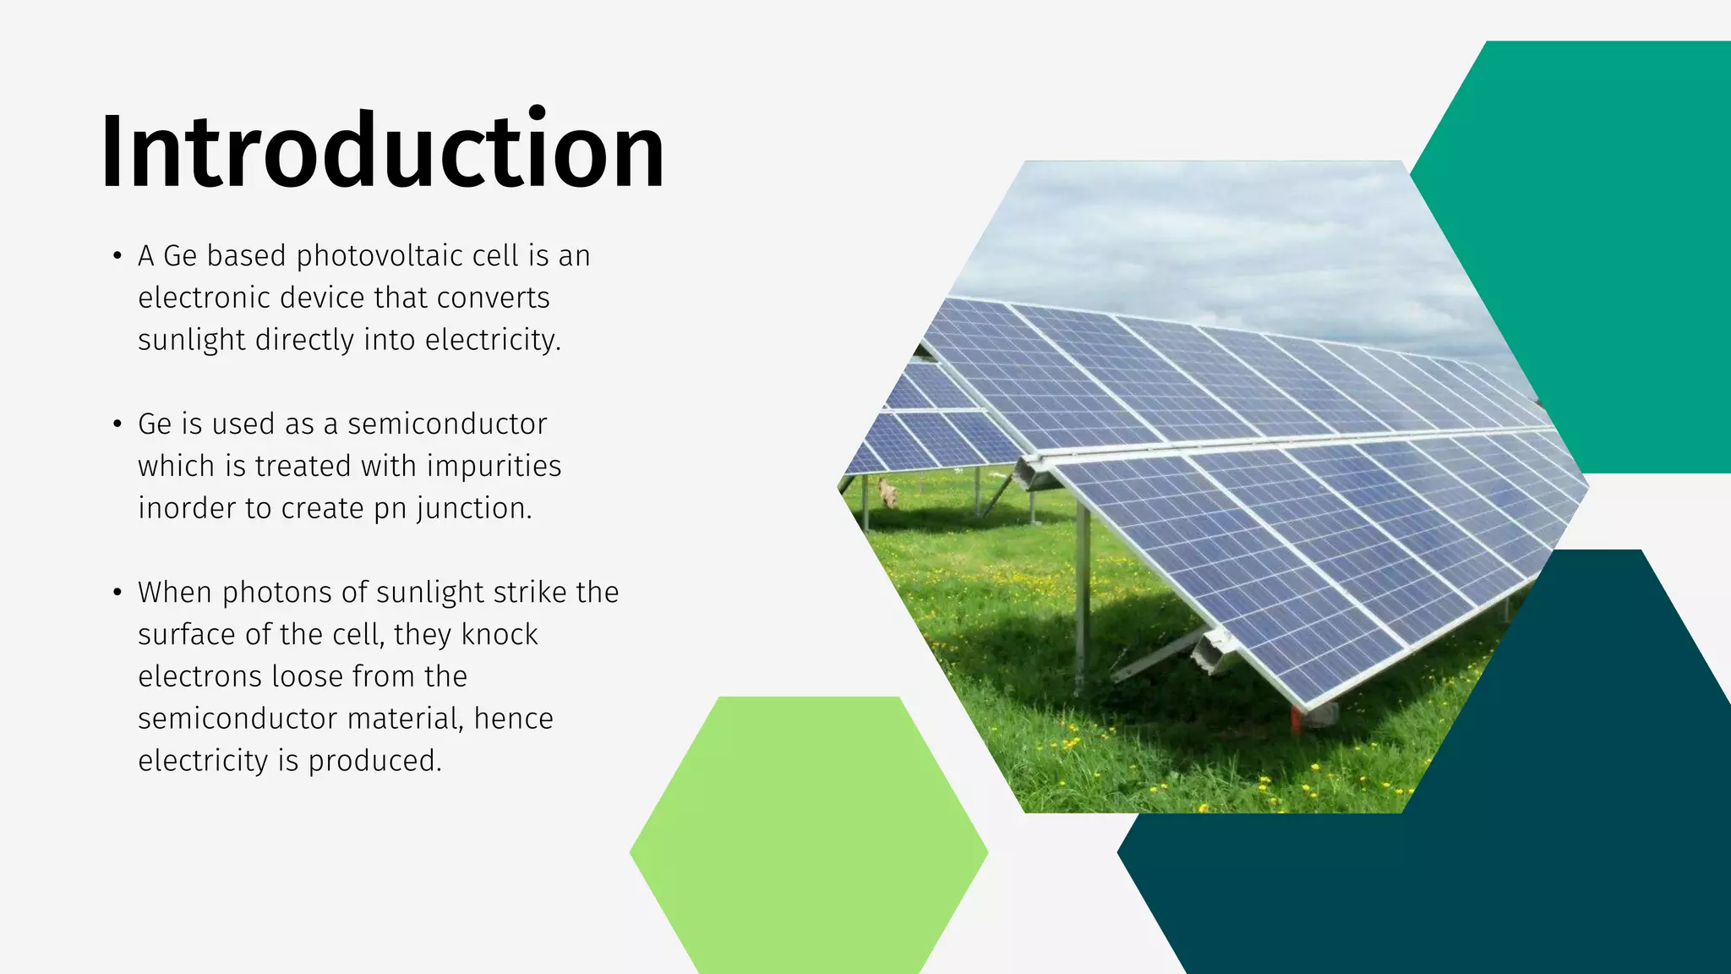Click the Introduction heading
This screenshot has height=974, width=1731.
[x=382, y=150]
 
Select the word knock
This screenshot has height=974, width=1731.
[x=500, y=634]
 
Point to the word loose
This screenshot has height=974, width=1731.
[x=307, y=676]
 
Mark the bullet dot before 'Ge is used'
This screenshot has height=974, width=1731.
[x=117, y=424]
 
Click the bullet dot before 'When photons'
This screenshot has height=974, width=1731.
[x=117, y=592]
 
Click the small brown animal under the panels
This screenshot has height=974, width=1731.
[x=887, y=492]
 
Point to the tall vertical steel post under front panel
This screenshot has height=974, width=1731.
[x=1083, y=592]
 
